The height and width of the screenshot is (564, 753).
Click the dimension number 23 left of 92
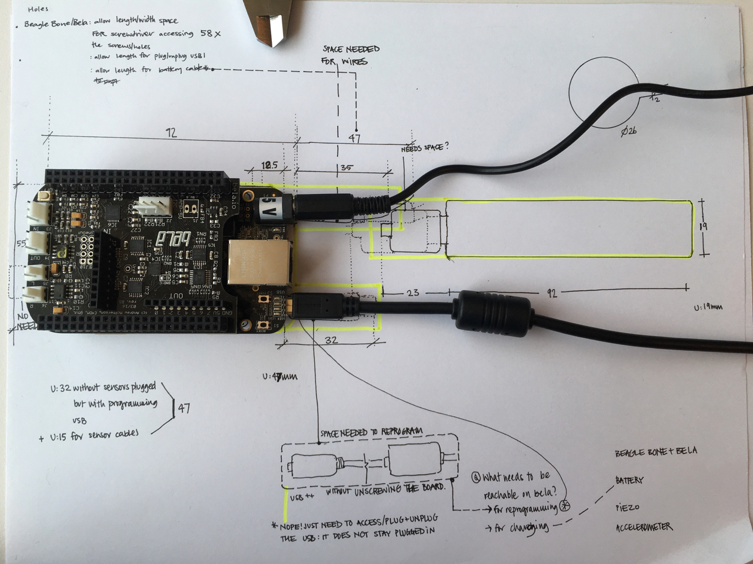pos(412,291)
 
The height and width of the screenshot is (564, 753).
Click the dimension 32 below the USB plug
pos(331,339)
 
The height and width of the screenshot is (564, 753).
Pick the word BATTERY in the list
pos(629,480)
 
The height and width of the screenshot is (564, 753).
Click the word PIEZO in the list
pos(627,506)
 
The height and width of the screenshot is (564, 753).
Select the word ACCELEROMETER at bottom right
pos(644,527)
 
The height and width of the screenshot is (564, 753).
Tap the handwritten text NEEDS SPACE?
pos(424,147)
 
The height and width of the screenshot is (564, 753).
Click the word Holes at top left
pos(38,9)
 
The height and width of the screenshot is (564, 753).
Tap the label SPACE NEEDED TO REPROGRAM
pos(371,432)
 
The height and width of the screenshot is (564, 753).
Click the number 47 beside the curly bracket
pos(184,407)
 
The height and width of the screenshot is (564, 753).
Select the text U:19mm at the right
pos(708,307)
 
